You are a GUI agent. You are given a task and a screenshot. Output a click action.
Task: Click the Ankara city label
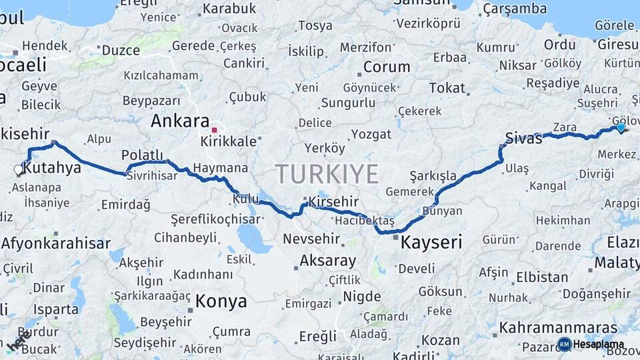180,121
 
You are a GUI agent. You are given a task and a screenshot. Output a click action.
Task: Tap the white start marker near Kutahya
19,170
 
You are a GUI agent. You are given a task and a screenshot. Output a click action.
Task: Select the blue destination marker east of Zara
621,127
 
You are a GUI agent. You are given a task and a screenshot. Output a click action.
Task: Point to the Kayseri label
431,243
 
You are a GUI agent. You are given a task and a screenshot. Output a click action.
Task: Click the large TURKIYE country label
327,174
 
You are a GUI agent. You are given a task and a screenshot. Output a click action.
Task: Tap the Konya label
221,301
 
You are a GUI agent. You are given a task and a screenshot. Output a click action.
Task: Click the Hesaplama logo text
598,344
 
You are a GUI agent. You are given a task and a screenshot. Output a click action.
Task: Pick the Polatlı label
142,155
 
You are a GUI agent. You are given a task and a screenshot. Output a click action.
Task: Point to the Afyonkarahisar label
56,243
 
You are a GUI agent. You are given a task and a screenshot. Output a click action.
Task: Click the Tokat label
447,88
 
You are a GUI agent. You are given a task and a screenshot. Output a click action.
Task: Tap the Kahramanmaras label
559,327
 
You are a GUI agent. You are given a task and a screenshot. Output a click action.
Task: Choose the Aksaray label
327,261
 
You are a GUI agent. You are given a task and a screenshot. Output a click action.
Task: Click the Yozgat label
371,134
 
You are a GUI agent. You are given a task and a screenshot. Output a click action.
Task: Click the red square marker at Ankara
214,130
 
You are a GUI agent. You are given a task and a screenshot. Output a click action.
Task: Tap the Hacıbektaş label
365,220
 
